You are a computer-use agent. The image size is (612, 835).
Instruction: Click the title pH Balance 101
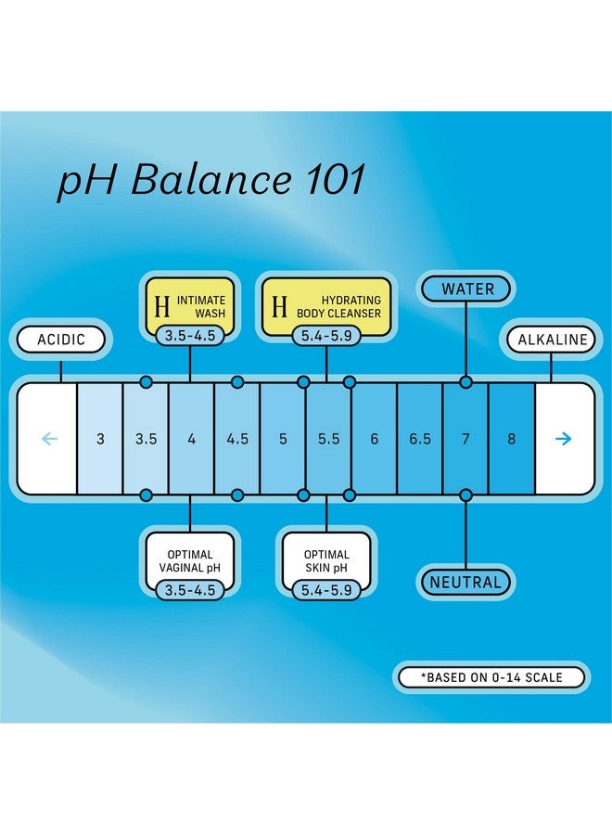tap(211, 180)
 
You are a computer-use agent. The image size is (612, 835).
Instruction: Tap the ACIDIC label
tap(60, 340)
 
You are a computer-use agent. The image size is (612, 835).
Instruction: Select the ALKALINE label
tap(551, 340)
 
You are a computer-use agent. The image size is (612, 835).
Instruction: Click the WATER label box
tap(466, 289)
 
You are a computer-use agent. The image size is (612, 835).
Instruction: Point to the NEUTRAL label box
tap(465, 583)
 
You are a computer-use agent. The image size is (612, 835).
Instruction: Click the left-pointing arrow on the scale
tap(49, 439)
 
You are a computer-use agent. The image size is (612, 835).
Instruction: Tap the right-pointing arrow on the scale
tap(563, 439)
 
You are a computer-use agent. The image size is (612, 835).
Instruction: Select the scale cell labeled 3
tap(100, 439)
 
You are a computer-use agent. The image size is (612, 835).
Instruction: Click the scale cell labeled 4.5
tap(237, 439)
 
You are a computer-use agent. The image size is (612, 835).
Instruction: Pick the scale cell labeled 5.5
tap(329, 439)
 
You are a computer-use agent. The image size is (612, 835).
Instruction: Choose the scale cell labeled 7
tap(465, 439)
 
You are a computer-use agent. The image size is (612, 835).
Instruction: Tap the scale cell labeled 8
tap(511, 439)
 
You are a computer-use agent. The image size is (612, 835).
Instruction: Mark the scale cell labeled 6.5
tap(420, 439)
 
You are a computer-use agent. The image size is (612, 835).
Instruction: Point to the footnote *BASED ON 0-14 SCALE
tap(491, 677)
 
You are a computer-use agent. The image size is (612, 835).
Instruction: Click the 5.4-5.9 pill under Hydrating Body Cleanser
tap(326, 335)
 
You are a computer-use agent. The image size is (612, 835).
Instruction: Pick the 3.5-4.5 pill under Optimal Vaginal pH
tap(190, 589)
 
